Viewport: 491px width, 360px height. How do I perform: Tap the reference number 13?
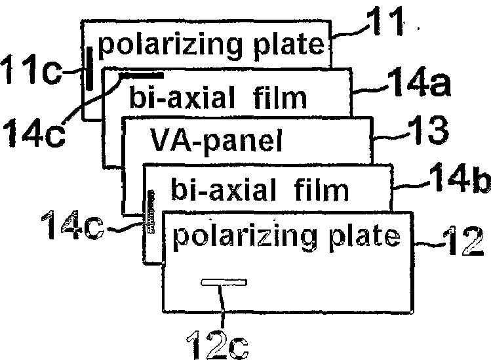coord(426,134)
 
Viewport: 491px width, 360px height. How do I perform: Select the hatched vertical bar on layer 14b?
coord(151,213)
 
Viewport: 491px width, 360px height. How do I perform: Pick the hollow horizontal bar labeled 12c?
coord(224,283)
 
